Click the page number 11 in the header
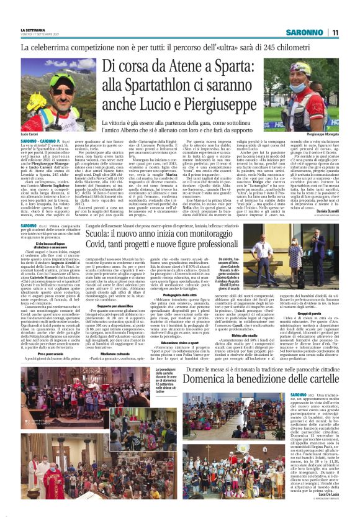[x=334, y=32]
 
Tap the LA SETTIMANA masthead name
[x=32, y=29]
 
